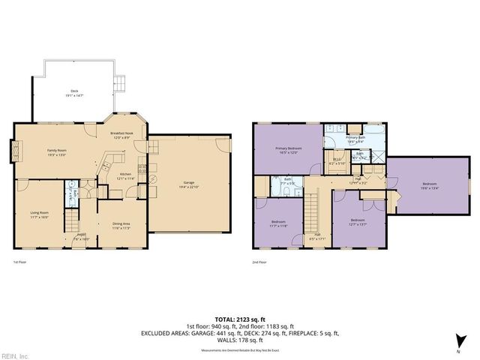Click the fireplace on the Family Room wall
coord(15,152)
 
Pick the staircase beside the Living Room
coord(71,221)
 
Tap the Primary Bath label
coord(355,138)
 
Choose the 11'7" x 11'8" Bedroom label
coord(278,222)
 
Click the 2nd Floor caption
coord(259,262)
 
